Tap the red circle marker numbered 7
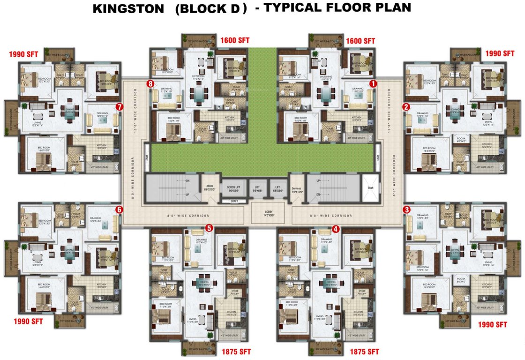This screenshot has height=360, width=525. point(119,107)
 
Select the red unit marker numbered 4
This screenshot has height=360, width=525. point(335,229)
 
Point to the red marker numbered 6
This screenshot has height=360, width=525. point(119,210)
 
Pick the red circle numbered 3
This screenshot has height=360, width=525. point(406,210)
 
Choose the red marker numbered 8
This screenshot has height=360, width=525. point(150,84)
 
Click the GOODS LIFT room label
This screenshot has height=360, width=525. point(231,187)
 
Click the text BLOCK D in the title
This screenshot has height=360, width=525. point(210,8)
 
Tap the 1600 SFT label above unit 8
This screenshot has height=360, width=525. point(234,41)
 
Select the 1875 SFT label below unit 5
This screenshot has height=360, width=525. point(236,352)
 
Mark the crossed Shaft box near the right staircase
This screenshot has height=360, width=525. point(370,187)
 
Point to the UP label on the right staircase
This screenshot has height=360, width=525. point(318,180)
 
